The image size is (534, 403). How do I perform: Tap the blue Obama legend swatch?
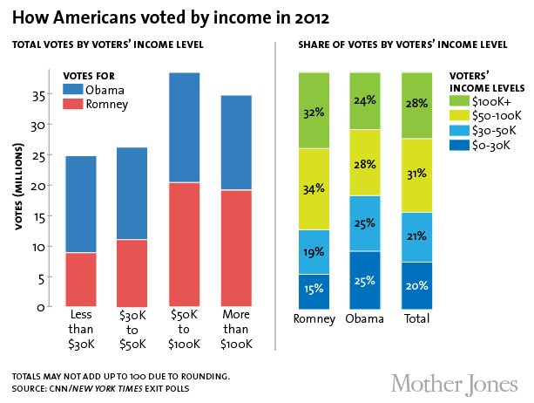pos(74,91)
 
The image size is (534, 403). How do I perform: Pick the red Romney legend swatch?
pos(74,105)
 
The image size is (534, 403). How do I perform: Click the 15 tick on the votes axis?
pos(40,215)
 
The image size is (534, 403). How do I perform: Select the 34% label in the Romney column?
pos(314,188)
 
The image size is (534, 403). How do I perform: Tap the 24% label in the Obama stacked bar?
pos(365,101)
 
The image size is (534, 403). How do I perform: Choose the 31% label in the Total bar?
pos(416,175)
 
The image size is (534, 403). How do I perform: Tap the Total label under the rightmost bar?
pos(416,320)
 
